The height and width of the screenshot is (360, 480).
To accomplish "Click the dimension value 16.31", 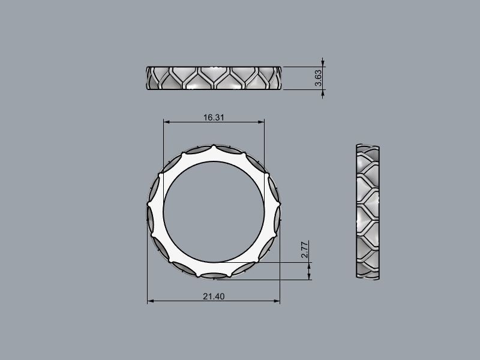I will pyautogui.click(x=214, y=118).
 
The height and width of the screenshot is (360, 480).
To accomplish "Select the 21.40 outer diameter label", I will pyautogui.click(x=214, y=296).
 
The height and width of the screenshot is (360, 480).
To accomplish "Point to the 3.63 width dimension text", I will pyautogui.click(x=319, y=79).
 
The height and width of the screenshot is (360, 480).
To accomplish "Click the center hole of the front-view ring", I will pyautogui.click(x=214, y=211).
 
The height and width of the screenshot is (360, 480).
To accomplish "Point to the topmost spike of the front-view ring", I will pyautogui.click(x=214, y=146).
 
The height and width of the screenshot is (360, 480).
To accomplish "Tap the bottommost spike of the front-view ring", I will pyautogui.click(x=214, y=277).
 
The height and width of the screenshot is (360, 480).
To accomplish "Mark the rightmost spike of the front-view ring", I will pyautogui.click(x=279, y=211).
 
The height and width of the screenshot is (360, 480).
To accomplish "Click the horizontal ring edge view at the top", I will pyautogui.click(x=214, y=79).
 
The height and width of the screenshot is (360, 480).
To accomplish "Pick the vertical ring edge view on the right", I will pyautogui.click(x=368, y=212).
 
